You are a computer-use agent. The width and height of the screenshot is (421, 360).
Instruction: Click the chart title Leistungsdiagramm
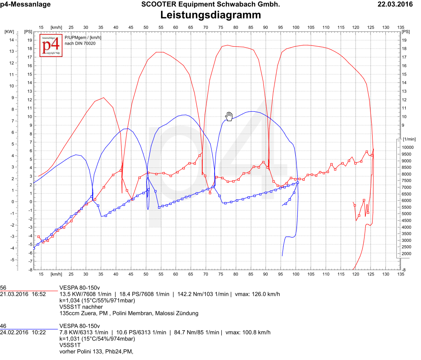[x=210, y=15]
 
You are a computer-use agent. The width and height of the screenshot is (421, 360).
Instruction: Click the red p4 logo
[x=51, y=45]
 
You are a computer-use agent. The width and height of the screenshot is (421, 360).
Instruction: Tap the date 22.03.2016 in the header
[x=395, y=5]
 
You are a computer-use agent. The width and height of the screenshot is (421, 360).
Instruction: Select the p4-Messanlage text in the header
[x=25, y=5]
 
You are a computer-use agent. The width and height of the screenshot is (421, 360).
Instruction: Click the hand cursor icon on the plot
[x=229, y=116]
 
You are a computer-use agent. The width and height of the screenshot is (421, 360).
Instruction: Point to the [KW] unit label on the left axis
[x=9, y=32]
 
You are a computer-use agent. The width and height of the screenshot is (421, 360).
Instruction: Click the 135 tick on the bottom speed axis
[x=401, y=274]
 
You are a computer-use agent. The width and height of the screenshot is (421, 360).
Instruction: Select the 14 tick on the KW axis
[x=12, y=40]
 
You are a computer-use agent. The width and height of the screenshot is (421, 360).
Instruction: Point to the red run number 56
[x=3, y=288]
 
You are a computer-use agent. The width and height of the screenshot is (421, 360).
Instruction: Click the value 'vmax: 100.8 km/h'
[x=248, y=332]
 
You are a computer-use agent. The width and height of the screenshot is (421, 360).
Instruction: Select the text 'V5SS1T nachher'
[x=81, y=307]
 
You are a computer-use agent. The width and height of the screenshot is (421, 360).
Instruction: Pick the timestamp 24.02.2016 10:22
[x=23, y=332]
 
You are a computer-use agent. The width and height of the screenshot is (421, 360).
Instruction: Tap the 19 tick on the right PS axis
[x=405, y=40]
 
